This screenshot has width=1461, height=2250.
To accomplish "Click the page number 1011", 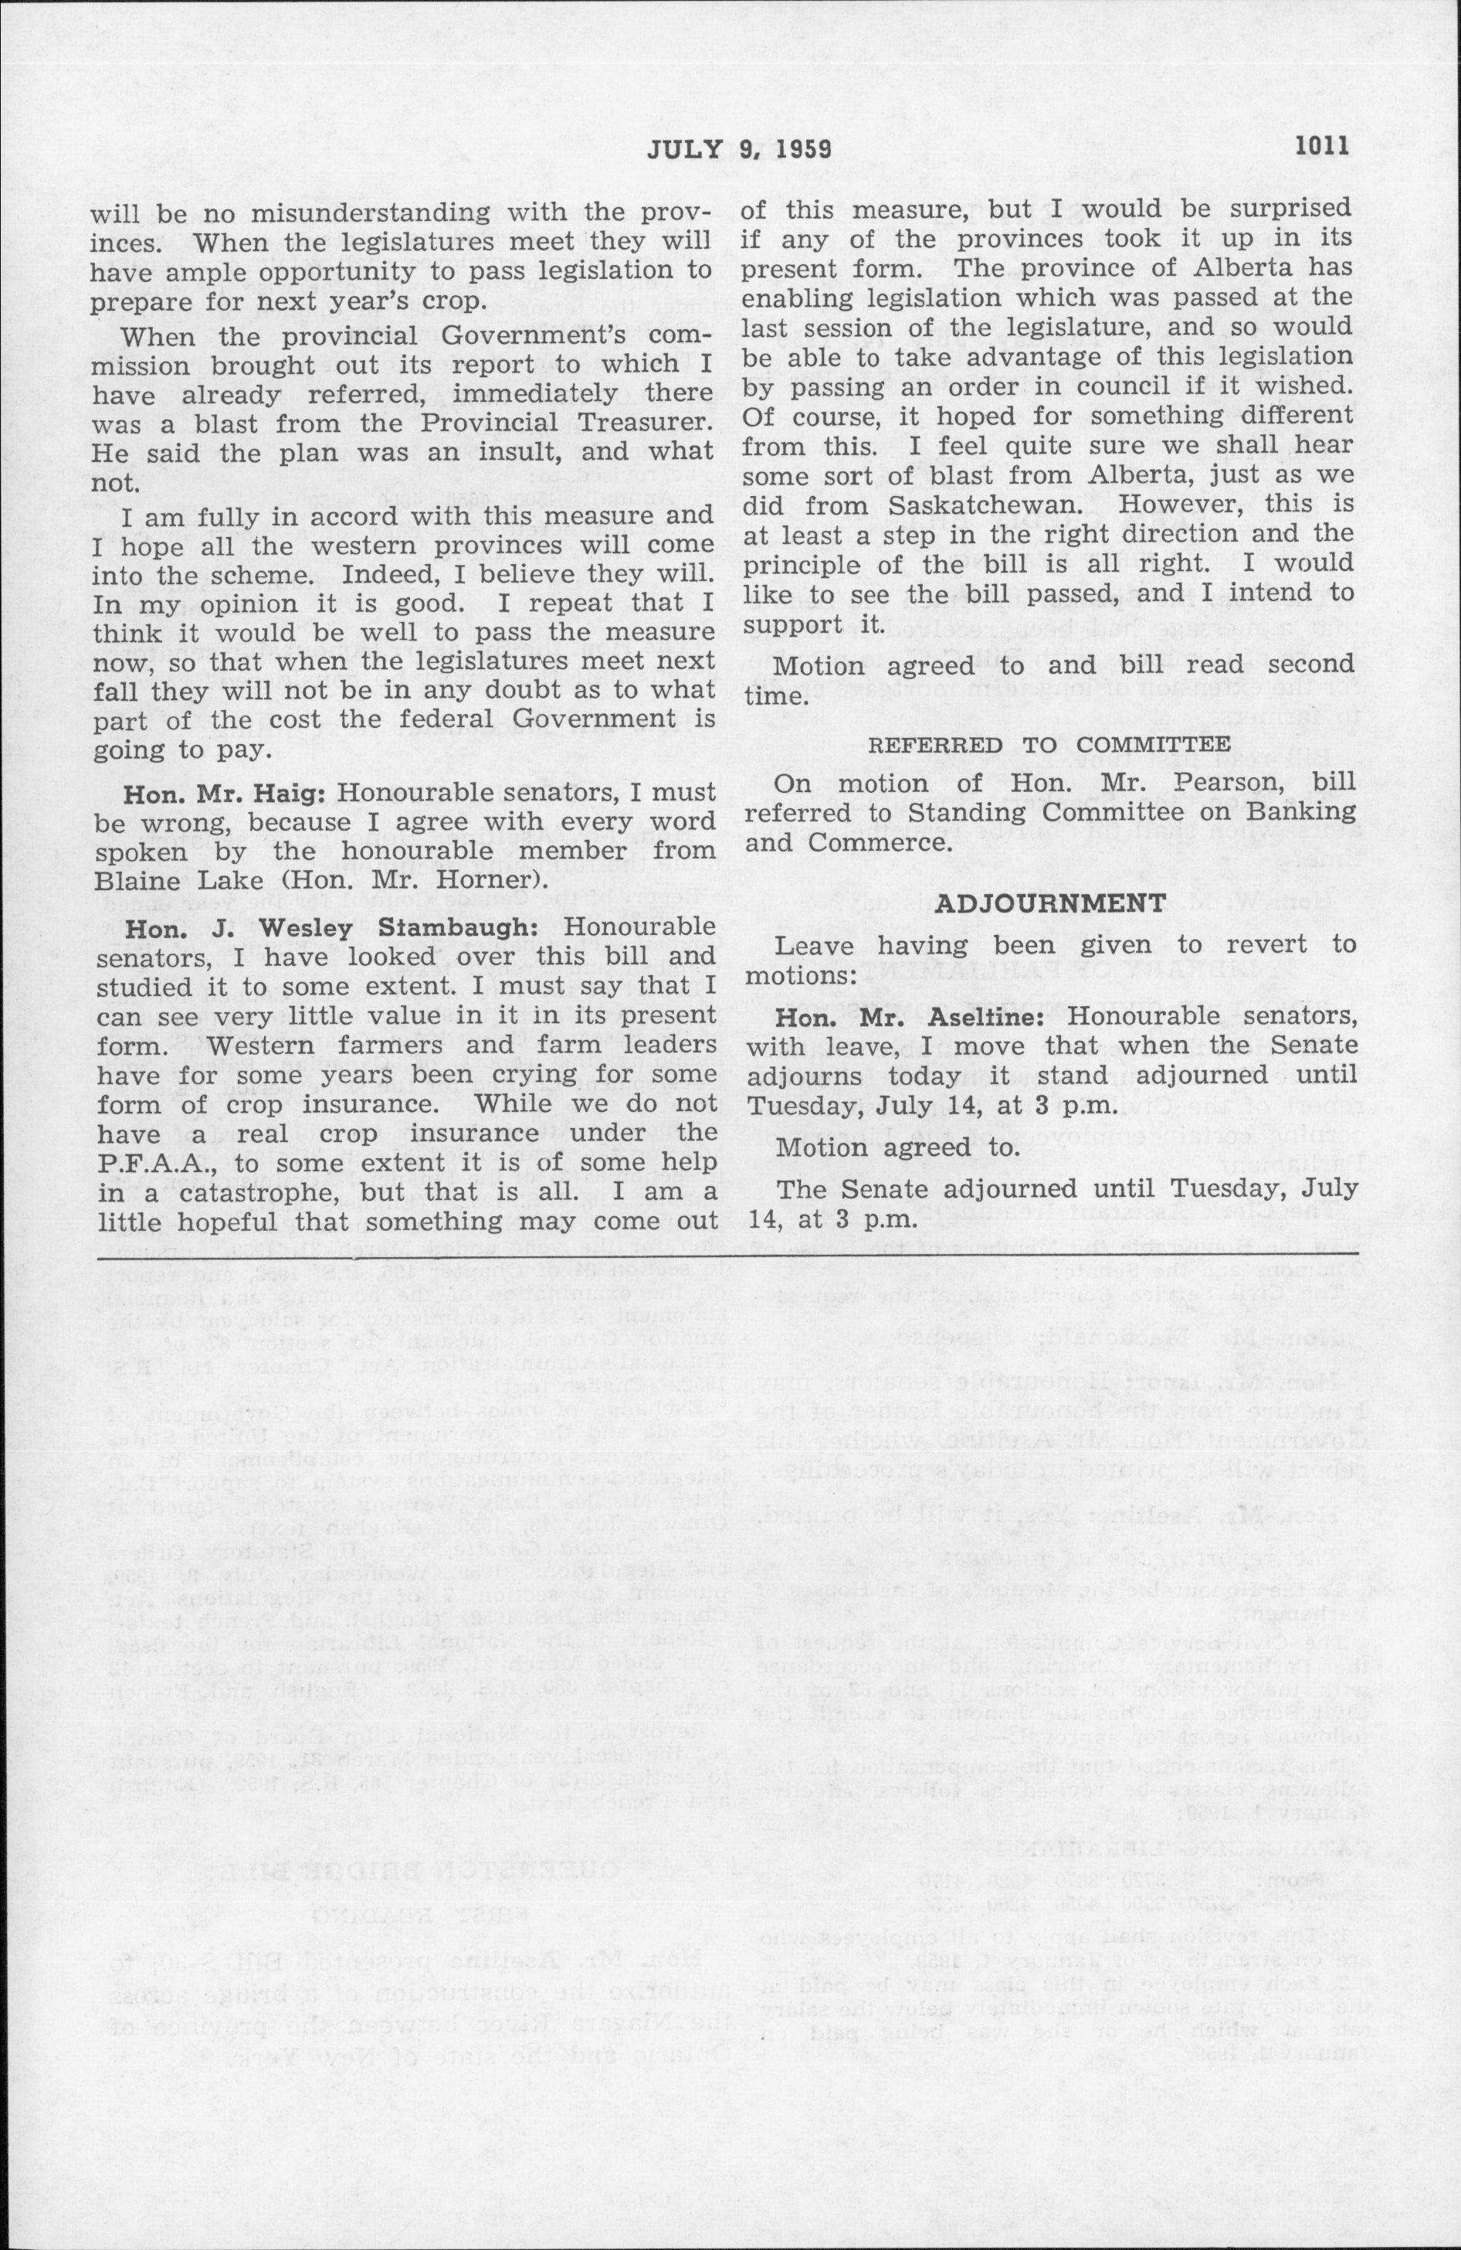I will [x=1324, y=147].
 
